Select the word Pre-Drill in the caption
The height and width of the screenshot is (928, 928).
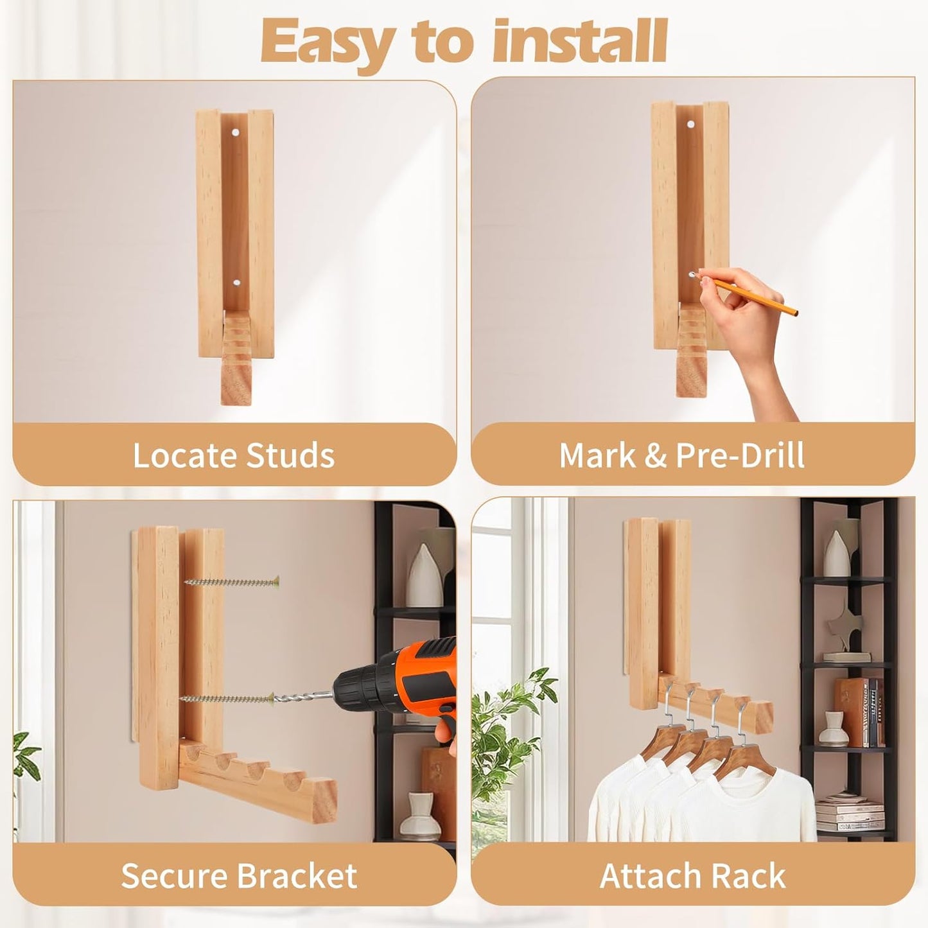pyautogui.click(x=740, y=455)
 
